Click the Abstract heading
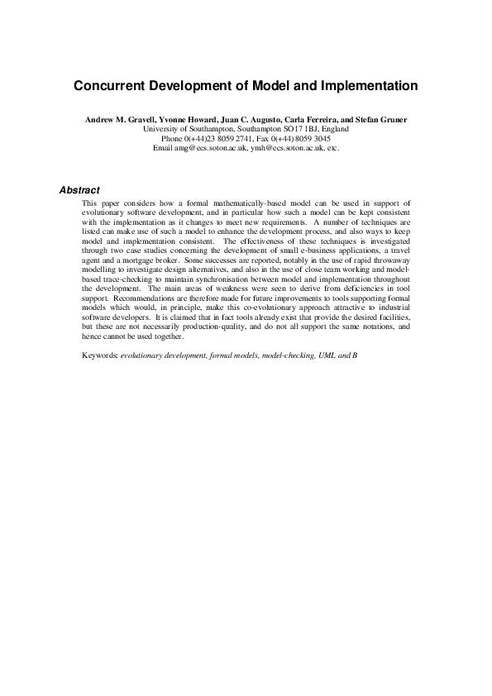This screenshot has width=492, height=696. click(x=79, y=190)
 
